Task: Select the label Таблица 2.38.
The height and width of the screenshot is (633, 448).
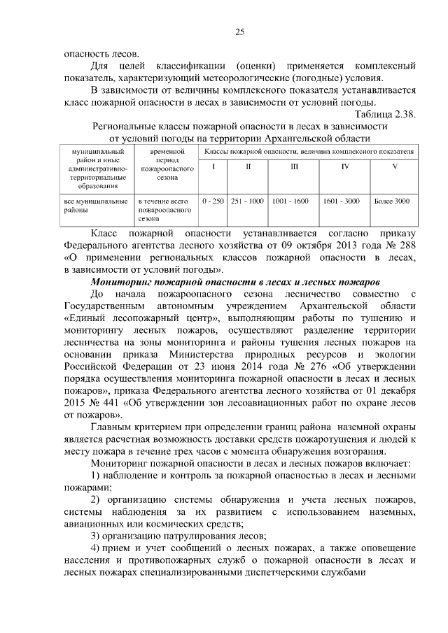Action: click(x=386, y=115)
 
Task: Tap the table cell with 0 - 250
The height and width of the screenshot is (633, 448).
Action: click(x=213, y=201)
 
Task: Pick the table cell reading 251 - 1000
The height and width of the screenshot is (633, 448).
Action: click(x=247, y=201)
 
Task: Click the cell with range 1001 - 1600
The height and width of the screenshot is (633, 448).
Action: click(x=290, y=201)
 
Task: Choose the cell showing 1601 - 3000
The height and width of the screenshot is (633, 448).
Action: click(x=341, y=201)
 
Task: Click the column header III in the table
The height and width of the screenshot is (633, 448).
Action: click(x=294, y=166)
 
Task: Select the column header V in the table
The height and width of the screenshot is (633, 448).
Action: click(x=394, y=166)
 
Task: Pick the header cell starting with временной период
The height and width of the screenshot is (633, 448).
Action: click(x=166, y=164)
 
